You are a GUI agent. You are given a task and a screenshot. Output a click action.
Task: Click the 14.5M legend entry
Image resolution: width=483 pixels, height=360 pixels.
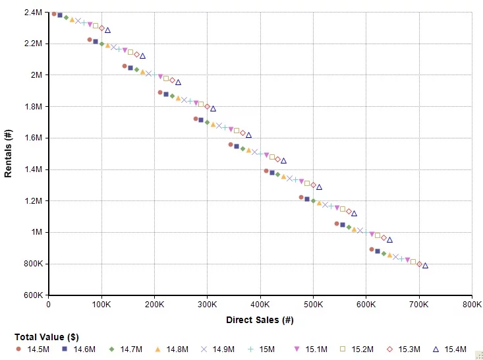[x=31, y=349]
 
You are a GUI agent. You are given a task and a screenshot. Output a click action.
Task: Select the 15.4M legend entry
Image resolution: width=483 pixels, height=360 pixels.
[x=448, y=349]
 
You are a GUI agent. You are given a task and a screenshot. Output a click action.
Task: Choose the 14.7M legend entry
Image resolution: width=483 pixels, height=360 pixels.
[x=125, y=349]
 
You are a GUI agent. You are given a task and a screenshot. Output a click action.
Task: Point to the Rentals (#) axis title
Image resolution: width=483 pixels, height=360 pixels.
[x=9, y=153]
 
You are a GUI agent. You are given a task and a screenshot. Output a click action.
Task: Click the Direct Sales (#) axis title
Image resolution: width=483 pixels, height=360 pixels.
[x=260, y=320]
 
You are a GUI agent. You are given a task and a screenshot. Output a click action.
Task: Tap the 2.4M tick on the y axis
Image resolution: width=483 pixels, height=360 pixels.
[x=32, y=13]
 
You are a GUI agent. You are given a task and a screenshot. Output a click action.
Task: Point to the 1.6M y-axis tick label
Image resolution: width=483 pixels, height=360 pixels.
[x=32, y=138]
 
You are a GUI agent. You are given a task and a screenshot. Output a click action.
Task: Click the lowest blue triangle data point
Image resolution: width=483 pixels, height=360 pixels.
[x=425, y=266]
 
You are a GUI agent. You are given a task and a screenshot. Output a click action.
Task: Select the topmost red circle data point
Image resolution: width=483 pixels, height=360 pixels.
[x=54, y=14]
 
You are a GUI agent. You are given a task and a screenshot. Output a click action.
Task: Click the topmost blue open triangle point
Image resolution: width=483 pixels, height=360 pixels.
[x=107, y=30]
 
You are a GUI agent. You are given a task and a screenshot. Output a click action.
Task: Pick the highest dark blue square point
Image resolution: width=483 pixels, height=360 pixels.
[x=60, y=15]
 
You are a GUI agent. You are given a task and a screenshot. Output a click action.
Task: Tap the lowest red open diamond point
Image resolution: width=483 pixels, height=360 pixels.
[x=419, y=264]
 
